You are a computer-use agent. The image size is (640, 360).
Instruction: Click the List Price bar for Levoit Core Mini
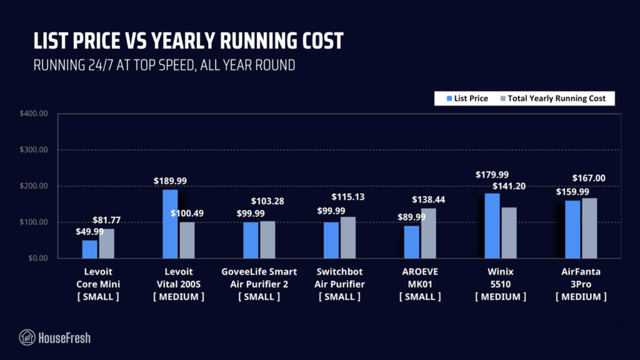tap(90, 249)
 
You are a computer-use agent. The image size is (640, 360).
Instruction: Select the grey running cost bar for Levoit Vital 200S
tap(187, 240)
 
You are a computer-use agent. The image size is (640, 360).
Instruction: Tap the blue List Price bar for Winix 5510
tap(492, 226)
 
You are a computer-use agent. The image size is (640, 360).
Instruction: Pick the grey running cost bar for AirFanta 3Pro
tap(589, 228)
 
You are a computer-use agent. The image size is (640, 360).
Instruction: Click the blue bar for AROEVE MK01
tap(412, 242)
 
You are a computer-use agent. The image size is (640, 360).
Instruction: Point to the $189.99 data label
tap(170, 181)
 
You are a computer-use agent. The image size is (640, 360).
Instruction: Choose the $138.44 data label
tap(428, 200)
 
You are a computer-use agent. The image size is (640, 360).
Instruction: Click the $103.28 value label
tap(267, 201)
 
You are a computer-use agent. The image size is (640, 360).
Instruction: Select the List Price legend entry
tap(467, 98)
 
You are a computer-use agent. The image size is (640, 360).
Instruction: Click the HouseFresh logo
tap(55, 338)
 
